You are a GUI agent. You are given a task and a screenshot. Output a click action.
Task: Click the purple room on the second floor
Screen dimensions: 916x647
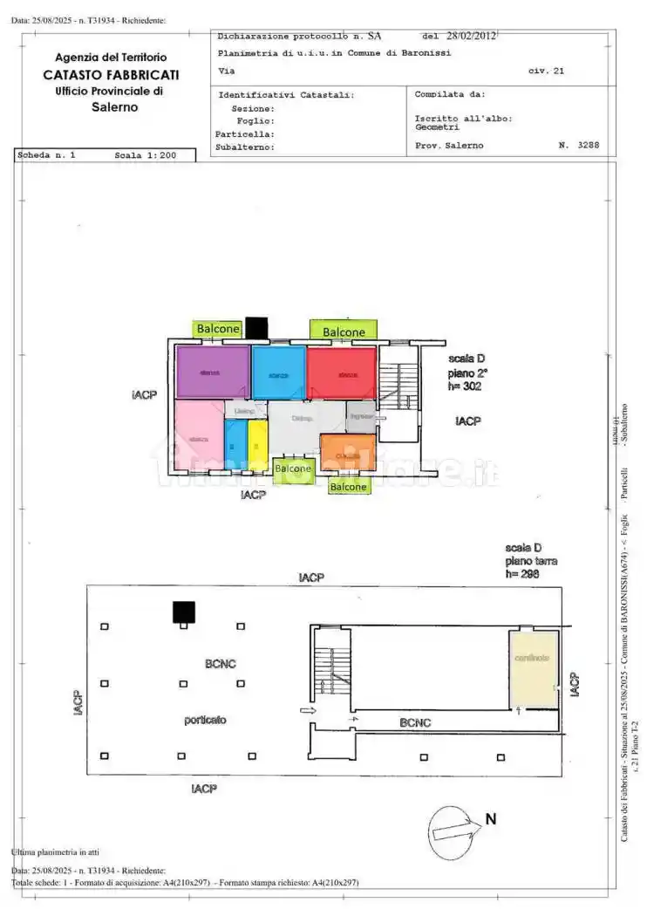pos(213,373)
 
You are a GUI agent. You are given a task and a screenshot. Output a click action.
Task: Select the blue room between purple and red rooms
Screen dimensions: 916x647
pos(279,373)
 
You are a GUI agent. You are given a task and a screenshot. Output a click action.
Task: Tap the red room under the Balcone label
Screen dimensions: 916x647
pos(342,373)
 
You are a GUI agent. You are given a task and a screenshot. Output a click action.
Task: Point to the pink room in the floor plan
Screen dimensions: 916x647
pos(199,435)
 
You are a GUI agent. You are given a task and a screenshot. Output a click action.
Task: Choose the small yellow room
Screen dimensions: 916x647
pos(257,446)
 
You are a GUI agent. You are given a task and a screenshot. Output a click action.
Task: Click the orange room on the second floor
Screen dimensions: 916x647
pos(348,453)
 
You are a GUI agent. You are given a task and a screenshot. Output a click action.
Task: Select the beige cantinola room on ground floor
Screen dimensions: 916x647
pos(533,668)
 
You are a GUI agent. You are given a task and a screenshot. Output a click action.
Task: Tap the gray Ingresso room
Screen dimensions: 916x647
pos(361,417)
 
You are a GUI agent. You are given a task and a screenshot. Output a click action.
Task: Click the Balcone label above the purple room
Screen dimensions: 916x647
pos(218,329)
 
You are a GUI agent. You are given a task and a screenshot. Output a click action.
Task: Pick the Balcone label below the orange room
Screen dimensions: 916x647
pos(348,487)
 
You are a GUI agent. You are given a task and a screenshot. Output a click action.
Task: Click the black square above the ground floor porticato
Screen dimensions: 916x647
pos(183,612)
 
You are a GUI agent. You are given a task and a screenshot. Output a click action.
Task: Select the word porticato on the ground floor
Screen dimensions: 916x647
pos(205,720)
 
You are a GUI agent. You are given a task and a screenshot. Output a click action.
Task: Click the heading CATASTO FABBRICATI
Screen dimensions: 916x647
pos(111,75)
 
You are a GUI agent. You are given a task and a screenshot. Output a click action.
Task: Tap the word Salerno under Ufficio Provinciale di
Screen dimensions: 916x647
pos(114,107)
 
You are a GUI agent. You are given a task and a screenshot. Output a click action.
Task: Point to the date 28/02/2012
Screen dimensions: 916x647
pos(471,37)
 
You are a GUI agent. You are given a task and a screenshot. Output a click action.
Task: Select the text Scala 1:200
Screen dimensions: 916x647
pos(146,156)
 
